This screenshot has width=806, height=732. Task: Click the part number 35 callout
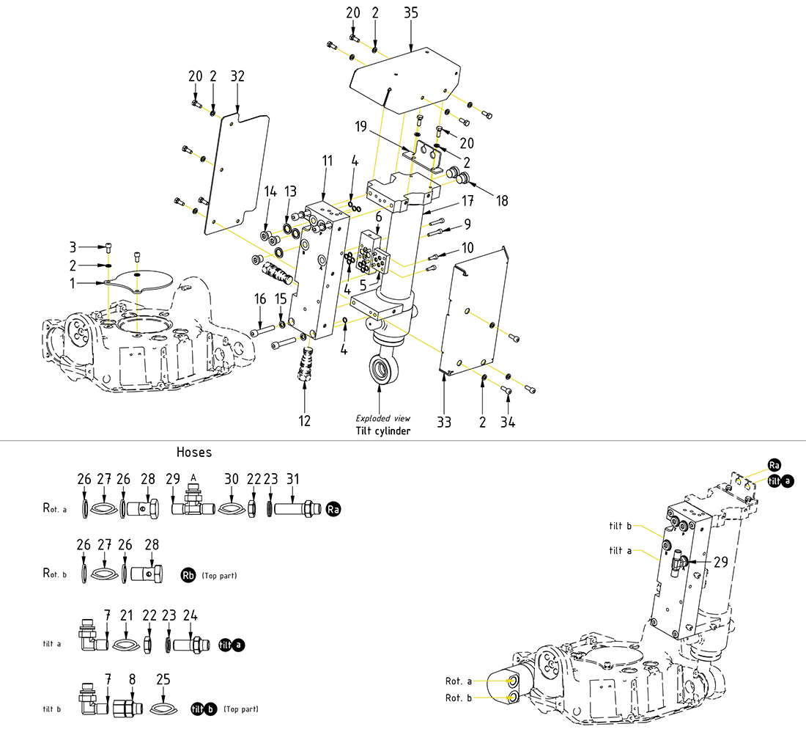(411, 14)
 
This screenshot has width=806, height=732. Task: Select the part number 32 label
(237, 76)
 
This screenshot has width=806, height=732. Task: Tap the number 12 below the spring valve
(305, 420)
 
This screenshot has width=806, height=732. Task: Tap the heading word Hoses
(194, 453)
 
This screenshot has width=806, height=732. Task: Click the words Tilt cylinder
(383, 431)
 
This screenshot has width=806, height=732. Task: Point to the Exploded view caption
(382, 418)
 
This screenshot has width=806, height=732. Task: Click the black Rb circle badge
(187, 575)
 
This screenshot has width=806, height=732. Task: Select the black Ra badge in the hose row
(333, 509)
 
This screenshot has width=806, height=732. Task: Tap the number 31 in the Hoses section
(293, 479)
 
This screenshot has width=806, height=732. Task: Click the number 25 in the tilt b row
(163, 678)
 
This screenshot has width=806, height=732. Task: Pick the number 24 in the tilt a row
(191, 615)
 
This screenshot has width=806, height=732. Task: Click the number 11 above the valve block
(327, 160)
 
